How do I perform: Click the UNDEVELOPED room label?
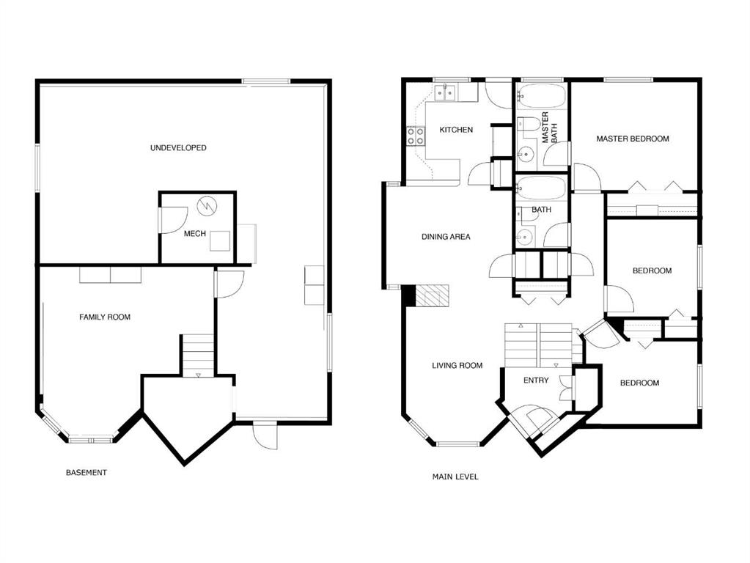[x=178, y=148]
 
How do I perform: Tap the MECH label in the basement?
[x=194, y=235]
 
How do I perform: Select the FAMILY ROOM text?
[x=105, y=317]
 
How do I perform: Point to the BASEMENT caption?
[x=87, y=473]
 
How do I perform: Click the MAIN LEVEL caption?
[x=455, y=477]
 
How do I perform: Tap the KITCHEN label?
[x=456, y=130]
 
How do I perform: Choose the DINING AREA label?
[x=446, y=237]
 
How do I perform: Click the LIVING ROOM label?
[x=457, y=365]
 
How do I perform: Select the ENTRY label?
[x=535, y=380]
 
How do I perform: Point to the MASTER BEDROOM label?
[x=632, y=139]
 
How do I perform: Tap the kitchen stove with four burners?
[x=416, y=136]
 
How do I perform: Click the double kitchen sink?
[x=445, y=92]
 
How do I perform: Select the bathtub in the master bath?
[x=541, y=95]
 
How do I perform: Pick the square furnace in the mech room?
[x=220, y=241]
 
